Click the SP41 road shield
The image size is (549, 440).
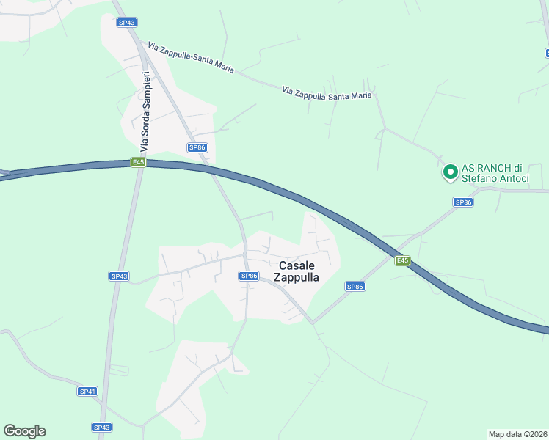click(87, 392)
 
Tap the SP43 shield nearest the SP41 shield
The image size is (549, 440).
click(102, 427)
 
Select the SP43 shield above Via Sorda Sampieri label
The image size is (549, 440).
click(127, 23)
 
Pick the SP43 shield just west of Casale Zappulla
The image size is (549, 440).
click(119, 276)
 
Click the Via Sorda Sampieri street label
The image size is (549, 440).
click(146, 108)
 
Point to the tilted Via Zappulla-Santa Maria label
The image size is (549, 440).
click(190, 57)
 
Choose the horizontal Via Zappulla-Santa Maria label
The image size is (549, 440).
click(327, 92)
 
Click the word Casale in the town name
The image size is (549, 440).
click(297, 265)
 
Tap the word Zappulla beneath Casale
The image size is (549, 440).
click(297, 277)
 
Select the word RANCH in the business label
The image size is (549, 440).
click(488, 166)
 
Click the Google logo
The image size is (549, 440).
click(24, 431)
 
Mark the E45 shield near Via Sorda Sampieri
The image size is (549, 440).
click(138, 162)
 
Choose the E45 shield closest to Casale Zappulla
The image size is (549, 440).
click(401, 260)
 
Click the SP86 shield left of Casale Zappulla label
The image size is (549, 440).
click(249, 276)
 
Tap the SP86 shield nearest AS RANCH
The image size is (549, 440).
click(462, 202)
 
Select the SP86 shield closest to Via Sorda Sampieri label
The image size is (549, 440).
click(197, 147)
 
